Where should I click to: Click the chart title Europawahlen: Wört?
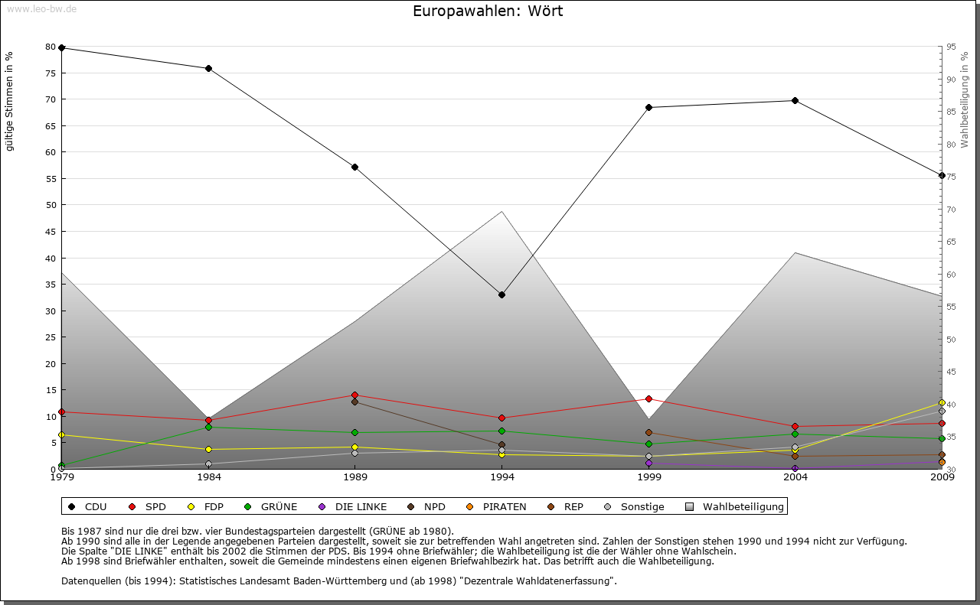pyautogui.click(x=488, y=11)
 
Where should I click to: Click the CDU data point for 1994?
pyautogui.click(x=501, y=294)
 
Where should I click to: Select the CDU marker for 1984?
pyautogui.click(x=208, y=68)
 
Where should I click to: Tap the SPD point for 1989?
pyautogui.click(x=354, y=395)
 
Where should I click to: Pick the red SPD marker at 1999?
pyautogui.click(x=648, y=398)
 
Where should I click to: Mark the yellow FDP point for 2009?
pyautogui.click(x=942, y=403)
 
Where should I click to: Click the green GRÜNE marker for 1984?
pyautogui.click(x=208, y=427)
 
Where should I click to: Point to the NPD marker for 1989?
pyautogui.click(x=354, y=402)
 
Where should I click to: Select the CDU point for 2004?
pyautogui.click(x=795, y=100)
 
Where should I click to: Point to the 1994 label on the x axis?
pyautogui.click(x=501, y=478)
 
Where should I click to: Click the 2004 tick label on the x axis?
pyautogui.click(x=795, y=478)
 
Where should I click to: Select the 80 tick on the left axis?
pyautogui.click(x=51, y=47)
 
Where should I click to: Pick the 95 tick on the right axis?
pyautogui.click(x=950, y=47)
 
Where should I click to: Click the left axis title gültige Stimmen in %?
pyautogui.click(x=10, y=102)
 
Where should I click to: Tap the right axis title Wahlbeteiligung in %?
pyautogui.click(x=965, y=100)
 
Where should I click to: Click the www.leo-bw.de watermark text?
pyautogui.click(x=41, y=8)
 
